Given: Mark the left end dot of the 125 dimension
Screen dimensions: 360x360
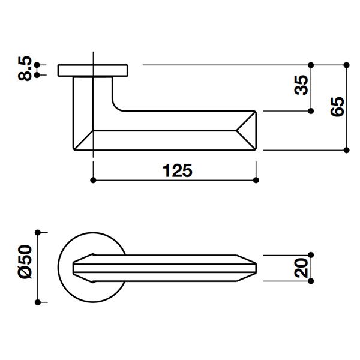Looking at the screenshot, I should pyautogui.click(x=92, y=179).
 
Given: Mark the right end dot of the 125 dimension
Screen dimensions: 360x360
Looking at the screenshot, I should pyautogui.click(x=256, y=179).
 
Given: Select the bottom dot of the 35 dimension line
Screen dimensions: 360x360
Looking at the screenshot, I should pyautogui.click(x=311, y=111).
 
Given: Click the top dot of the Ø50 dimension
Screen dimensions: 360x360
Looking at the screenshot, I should pyautogui.click(x=38, y=232).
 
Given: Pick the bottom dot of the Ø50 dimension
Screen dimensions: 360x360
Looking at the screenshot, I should pyautogui.click(x=38, y=302).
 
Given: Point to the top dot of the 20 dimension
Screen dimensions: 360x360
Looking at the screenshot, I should pyautogui.click(x=311, y=254).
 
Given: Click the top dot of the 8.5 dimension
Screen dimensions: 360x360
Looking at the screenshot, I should pyautogui.click(x=37, y=64).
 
